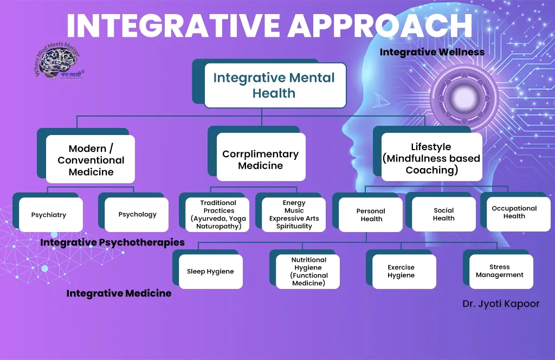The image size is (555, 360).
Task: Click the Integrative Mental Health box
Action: (274, 85)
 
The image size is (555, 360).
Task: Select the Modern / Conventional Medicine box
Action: (91, 160)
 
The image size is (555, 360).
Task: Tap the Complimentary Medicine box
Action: (261, 159)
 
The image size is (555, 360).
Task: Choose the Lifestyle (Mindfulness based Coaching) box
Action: (431, 158)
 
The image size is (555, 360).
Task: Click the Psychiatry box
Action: (49, 215)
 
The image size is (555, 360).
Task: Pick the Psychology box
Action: (137, 214)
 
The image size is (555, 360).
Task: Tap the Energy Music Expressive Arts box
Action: (294, 215)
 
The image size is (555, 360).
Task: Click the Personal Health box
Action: (371, 215)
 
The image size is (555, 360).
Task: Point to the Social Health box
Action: (443, 214)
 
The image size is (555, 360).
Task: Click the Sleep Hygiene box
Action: (210, 271)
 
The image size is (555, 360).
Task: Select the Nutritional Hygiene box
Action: (308, 271)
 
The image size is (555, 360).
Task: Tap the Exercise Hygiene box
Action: (401, 271)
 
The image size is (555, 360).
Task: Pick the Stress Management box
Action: (499, 271)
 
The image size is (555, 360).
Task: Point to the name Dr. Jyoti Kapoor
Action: (501, 304)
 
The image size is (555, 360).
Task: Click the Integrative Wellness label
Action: (431, 52)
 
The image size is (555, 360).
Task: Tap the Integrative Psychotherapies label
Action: (112, 242)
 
